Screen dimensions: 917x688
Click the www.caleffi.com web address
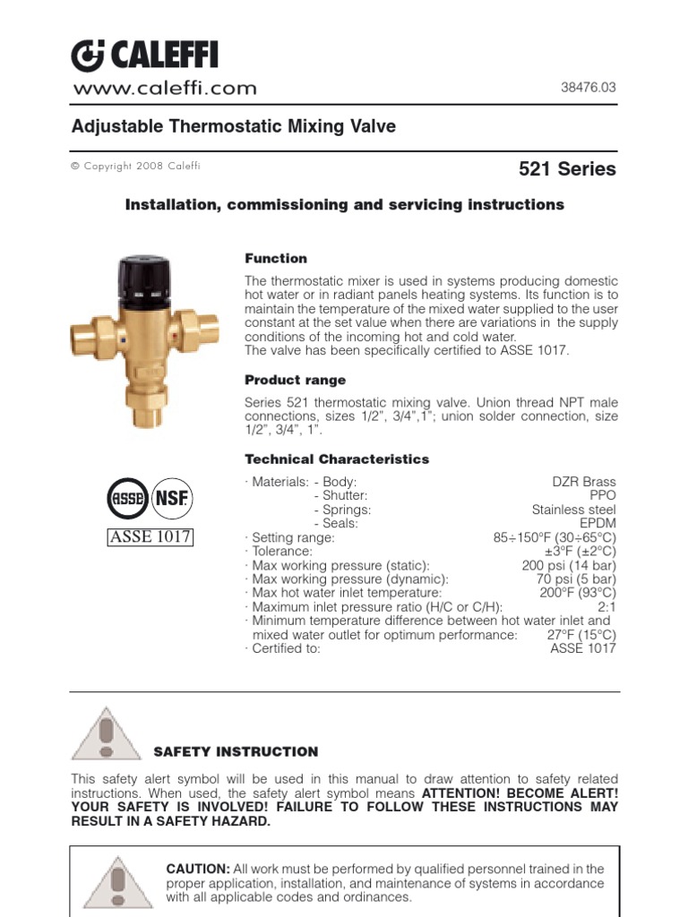pos(164,88)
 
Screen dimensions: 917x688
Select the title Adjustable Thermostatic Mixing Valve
pos(233,126)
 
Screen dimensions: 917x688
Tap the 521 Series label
pos(567,168)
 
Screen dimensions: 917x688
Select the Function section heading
pos(276,258)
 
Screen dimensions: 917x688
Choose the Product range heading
pos(295,380)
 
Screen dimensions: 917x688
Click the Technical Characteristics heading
pos(337,458)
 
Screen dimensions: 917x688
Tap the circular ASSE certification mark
pos(127,498)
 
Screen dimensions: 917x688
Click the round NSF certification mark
pos(169,498)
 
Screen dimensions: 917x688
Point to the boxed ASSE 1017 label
pos(150,537)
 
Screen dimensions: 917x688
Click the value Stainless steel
pos(573,510)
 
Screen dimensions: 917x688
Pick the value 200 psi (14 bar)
pos(569,565)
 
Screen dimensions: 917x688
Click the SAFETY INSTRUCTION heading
pos(236,751)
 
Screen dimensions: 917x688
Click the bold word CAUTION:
pos(198,869)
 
